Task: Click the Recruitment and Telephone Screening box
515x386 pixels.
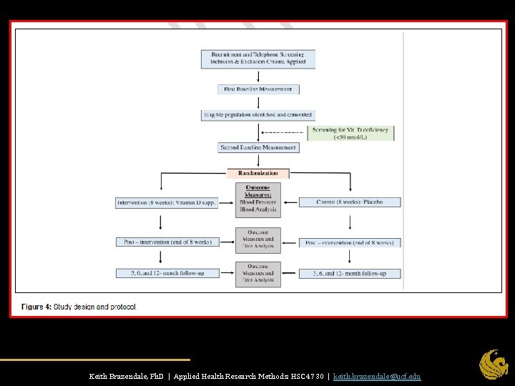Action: tap(258, 58)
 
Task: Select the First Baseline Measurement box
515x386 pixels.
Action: tap(258, 89)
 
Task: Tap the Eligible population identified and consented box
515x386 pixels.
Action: tap(258, 114)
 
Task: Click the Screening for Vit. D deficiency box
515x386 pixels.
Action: tap(350, 133)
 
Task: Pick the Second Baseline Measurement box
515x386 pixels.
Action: tap(258, 147)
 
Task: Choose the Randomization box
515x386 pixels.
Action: tap(258, 173)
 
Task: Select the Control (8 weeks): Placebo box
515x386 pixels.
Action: tap(350, 202)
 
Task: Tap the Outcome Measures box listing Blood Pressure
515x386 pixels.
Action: tap(258, 199)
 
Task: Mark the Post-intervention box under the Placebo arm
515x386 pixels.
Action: tap(350, 242)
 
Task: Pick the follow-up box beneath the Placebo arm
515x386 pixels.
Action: tap(350, 273)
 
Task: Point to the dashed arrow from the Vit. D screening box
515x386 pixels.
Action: tap(283, 133)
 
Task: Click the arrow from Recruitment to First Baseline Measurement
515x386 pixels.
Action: tap(258, 76)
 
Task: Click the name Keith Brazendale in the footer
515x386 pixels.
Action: tap(116, 376)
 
